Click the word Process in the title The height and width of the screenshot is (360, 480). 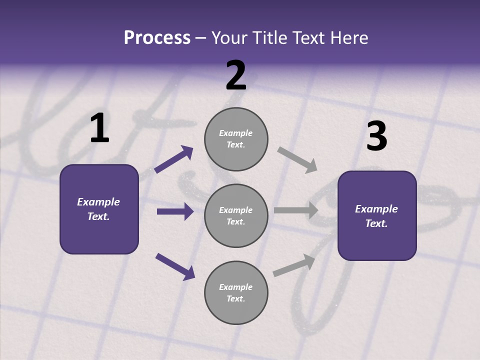point(157,38)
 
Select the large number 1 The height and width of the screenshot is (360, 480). point(99,128)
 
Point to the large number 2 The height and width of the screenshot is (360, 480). point(236,75)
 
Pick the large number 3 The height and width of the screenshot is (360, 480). point(376,136)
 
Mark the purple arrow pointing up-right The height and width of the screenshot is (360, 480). point(174,159)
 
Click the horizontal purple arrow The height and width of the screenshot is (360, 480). point(175,211)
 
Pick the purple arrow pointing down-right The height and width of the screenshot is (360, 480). point(175,266)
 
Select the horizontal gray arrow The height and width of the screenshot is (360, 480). point(296,210)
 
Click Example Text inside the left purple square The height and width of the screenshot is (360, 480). point(98,209)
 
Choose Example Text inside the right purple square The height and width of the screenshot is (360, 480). point(376,216)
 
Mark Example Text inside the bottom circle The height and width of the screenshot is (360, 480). point(236,293)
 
